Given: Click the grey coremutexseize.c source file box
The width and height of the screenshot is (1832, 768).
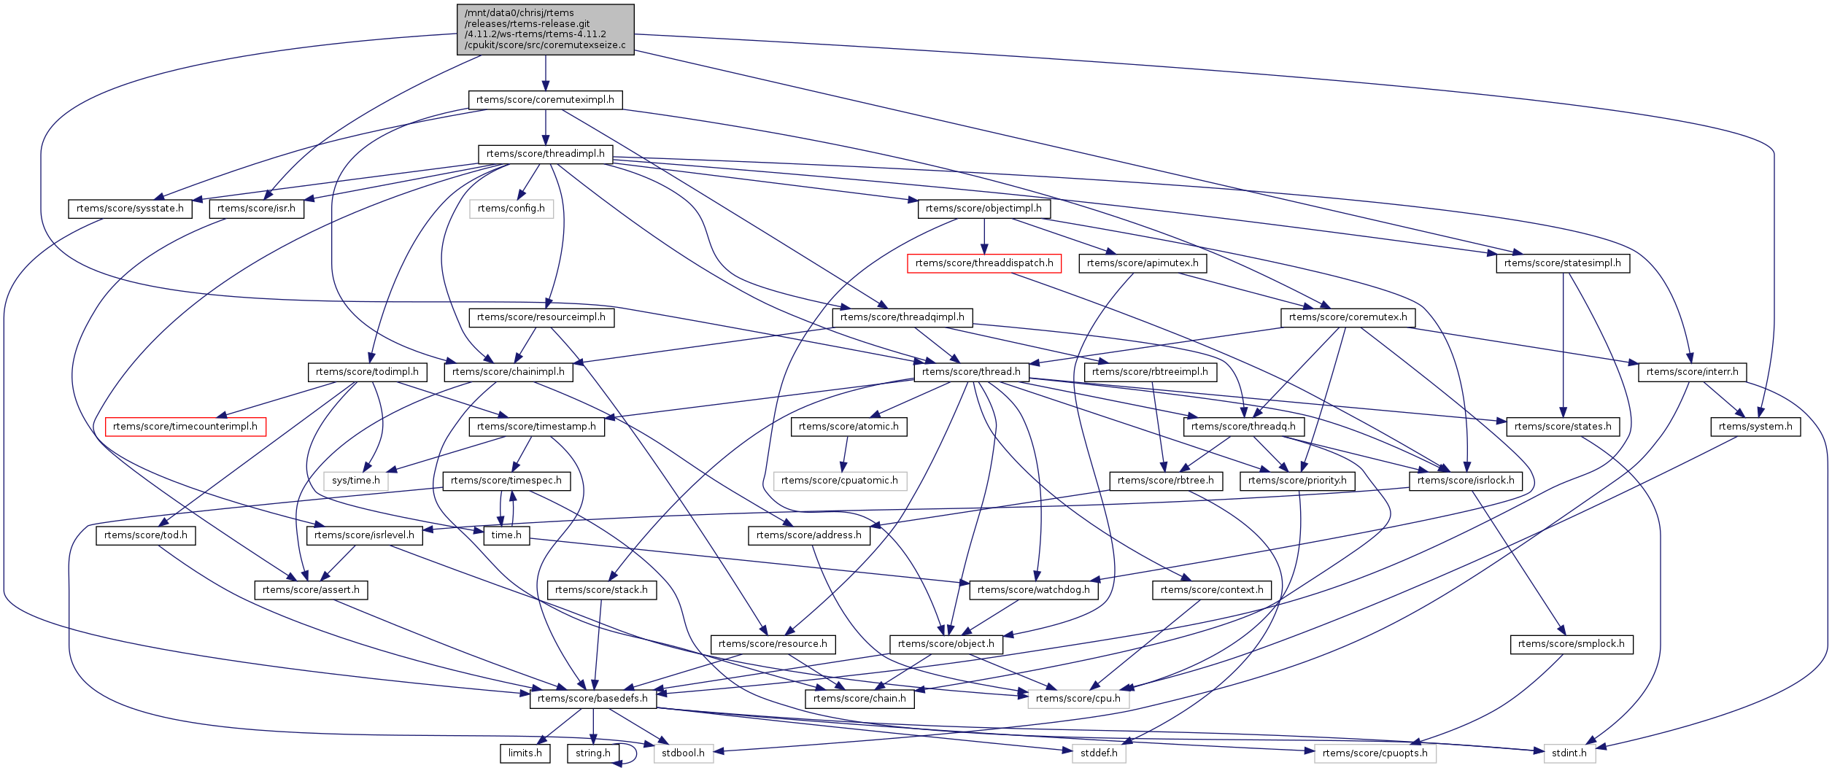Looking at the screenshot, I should tap(545, 29).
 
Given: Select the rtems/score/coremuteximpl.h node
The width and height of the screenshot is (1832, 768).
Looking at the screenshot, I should tap(545, 100).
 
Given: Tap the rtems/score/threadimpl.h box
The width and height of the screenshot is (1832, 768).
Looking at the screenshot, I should tap(545, 154).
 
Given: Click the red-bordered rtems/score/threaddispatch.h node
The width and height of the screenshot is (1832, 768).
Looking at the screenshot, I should tap(983, 263).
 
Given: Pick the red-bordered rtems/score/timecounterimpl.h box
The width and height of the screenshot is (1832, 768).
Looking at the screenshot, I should tap(185, 427).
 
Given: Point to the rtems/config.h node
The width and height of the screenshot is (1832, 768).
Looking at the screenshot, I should tap(511, 209).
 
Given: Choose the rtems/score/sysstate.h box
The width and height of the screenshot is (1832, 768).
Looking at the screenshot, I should tap(130, 209).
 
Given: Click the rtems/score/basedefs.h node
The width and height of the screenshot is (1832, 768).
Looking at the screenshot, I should tap(592, 699).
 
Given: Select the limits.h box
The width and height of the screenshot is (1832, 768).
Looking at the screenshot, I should tap(525, 753).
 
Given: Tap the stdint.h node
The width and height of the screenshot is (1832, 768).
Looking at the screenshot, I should tap(1569, 753).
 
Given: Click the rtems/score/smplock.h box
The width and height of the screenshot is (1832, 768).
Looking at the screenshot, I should tap(1572, 644).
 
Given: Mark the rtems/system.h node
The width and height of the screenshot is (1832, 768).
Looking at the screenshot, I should tap(1755, 427).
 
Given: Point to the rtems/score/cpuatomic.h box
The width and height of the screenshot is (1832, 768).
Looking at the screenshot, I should tap(840, 481).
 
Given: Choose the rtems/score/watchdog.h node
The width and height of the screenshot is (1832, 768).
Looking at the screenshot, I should tap(1034, 590).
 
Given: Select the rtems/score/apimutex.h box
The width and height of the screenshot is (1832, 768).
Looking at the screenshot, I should tap(1143, 263).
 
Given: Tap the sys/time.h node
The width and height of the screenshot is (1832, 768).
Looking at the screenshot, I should tap(356, 481).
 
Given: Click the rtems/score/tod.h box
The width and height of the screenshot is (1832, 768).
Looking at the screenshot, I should tap(146, 535).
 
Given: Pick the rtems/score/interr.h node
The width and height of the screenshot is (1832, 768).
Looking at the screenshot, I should tap(1693, 372).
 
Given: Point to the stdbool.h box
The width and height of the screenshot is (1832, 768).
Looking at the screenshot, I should tap(683, 753).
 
